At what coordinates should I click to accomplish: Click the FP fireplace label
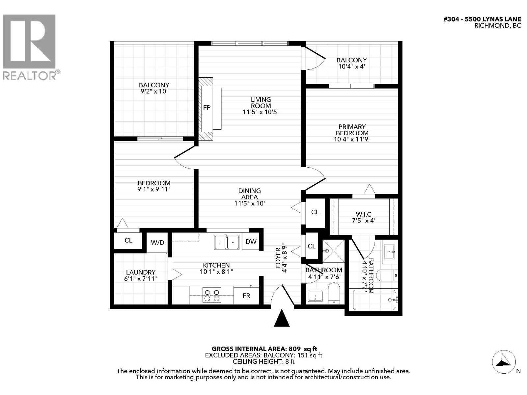click(207, 108)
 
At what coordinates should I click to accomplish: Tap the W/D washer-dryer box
click(157, 243)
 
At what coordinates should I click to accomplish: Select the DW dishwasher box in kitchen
click(251, 242)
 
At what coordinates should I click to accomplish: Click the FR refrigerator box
click(246, 296)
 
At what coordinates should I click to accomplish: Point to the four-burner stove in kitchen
click(212, 295)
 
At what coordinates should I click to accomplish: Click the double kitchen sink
click(227, 243)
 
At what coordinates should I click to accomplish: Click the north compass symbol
click(504, 362)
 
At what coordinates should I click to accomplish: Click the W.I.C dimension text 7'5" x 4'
click(363, 221)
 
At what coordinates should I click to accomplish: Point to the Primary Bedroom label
click(352, 130)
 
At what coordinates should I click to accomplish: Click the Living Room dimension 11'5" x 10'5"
click(261, 112)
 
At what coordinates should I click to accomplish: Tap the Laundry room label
click(141, 272)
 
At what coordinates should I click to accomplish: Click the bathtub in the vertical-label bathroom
click(374, 300)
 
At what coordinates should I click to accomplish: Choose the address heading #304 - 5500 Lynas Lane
click(482, 19)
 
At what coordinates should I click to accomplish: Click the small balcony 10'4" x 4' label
click(351, 63)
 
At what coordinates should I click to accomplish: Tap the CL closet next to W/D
click(128, 240)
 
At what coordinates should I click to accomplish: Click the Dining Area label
click(249, 194)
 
